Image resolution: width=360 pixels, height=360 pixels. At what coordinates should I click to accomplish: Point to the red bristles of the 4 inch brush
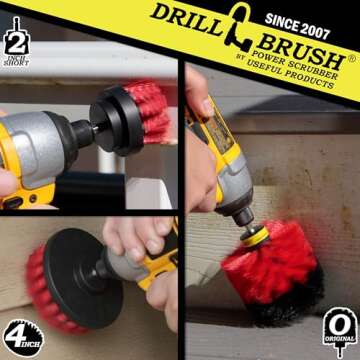click(x=20, y=270)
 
